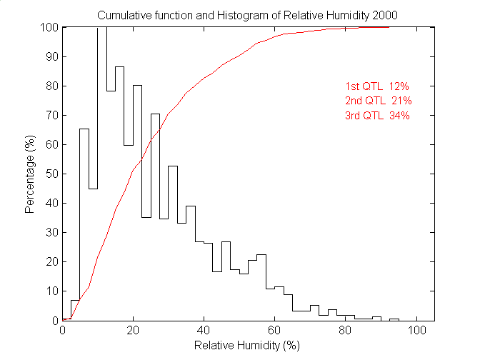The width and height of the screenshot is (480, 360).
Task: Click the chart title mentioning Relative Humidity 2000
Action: [247, 15]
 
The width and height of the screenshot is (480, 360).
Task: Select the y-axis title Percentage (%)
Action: [30, 174]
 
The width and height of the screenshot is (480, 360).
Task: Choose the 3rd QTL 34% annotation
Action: [378, 115]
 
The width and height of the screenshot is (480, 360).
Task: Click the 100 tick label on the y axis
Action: [49, 27]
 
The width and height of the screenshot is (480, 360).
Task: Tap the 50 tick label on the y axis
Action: [51, 174]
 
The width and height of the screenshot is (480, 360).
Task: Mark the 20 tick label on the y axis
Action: [51, 261]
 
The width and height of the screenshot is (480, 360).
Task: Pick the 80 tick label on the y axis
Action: [51, 86]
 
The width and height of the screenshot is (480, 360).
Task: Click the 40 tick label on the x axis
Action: [204, 331]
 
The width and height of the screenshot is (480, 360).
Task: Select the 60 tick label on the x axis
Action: [274, 331]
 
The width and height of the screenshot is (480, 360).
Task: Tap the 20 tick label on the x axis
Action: [134, 331]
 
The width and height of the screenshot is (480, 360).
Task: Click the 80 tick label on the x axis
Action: [345, 331]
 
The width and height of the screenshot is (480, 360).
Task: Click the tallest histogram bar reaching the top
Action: [102, 171]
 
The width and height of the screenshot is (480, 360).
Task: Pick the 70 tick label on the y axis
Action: [51, 115]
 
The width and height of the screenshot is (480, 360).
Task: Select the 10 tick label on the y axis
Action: [51, 291]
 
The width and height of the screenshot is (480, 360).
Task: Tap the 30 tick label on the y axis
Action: [51, 232]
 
